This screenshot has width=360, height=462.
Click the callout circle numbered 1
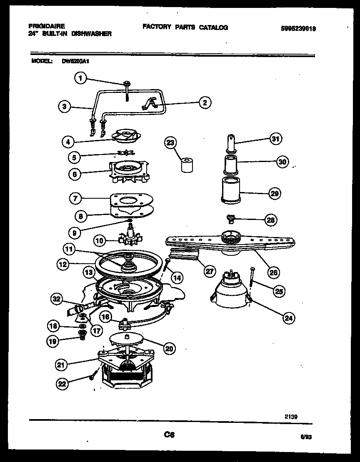point(81,77)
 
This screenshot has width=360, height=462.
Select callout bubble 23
point(170,143)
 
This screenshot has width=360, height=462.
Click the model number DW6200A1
point(76,60)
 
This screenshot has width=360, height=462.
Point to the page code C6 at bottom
point(169,435)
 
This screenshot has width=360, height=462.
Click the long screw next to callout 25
point(252,277)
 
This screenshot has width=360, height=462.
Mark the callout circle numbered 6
point(75,175)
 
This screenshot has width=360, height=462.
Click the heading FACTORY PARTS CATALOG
point(185,27)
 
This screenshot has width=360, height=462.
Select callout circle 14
point(177,277)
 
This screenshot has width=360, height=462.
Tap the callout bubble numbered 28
point(271,220)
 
